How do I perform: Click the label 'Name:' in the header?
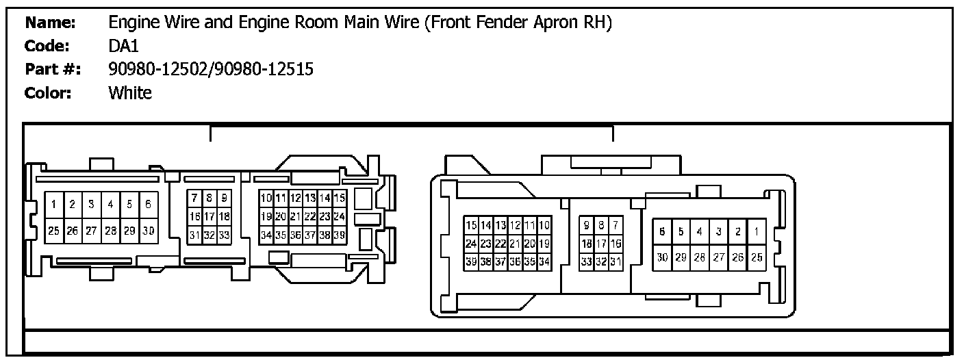(x=50, y=23)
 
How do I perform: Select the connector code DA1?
(x=123, y=46)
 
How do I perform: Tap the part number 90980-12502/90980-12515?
(x=211, y=69)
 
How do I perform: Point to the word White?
(x=130, y=92)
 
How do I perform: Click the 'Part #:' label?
(x=53, y=69)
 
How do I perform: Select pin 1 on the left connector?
(x=53, y=204)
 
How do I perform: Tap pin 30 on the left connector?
(x=149, y=231)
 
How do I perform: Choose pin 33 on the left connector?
(x=223, y=235)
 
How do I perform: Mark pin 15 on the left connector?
(x=340, y=198)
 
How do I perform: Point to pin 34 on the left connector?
(x=266, y=235)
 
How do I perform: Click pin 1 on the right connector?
(x=757, y=231)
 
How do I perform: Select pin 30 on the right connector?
(x=662, y=257)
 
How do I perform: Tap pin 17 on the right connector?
(x=601, y=243)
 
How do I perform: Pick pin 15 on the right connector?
(x=471, y=225)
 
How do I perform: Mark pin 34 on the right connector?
(x=544, y=261)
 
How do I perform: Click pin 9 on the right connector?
(x=587, y=225)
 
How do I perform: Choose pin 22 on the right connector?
(x=500, y=243)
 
